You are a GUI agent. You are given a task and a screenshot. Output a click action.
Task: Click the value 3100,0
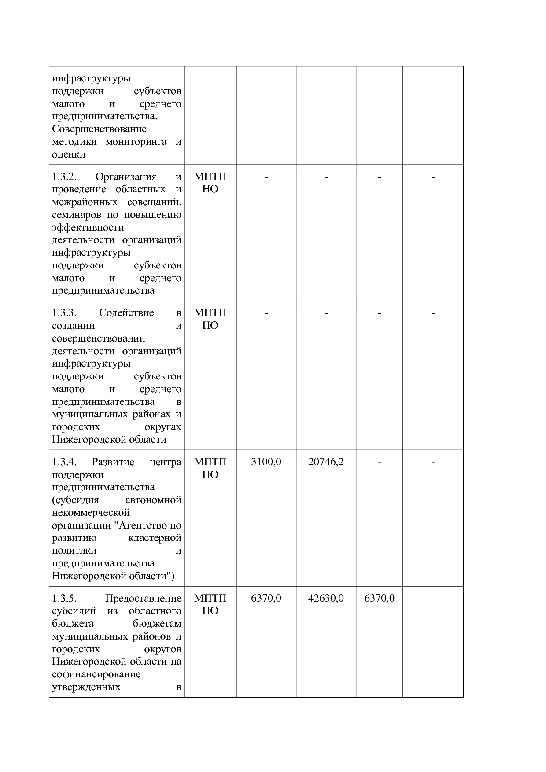266,462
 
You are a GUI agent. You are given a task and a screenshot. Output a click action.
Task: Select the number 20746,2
326,462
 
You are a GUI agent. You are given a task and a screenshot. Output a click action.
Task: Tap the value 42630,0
326,598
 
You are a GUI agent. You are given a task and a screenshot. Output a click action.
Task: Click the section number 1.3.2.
64,176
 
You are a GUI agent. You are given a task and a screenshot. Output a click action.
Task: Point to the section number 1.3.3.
64,313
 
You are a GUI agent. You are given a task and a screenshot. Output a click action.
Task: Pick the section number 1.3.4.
64,462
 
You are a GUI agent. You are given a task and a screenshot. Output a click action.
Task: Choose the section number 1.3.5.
64,598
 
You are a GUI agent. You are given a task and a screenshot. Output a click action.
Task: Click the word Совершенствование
99,129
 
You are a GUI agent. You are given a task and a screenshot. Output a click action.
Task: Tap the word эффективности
88,228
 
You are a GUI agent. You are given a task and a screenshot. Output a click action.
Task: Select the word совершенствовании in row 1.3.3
98,338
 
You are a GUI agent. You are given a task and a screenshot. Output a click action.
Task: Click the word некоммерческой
91,513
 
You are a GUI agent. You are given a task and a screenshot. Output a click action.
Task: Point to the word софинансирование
96,674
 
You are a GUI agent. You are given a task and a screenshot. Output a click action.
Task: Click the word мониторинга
136,142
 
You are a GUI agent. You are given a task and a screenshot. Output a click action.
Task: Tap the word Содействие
126,313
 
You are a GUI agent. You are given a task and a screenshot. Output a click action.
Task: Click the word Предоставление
143,598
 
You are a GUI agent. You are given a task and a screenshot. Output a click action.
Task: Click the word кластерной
155,538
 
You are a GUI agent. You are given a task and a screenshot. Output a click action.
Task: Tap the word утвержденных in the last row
86,687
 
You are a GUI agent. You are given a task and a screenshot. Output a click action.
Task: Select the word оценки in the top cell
68,154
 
